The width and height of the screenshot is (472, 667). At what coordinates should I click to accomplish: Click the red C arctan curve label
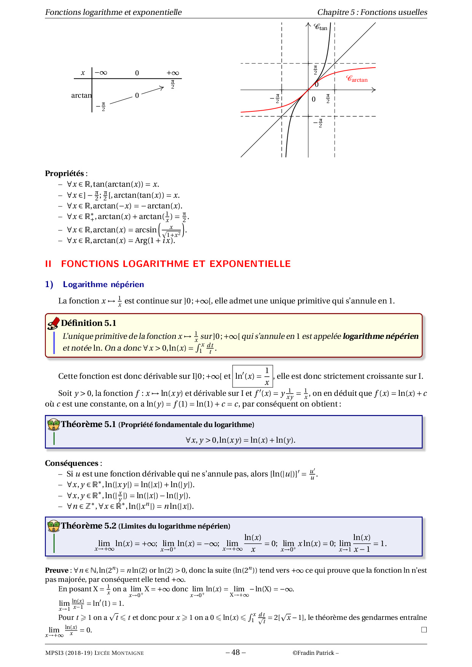tap(357, 79)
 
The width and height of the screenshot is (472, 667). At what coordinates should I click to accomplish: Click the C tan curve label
tap(321, 27)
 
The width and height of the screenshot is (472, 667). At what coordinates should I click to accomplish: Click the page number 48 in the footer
tap(236, 652)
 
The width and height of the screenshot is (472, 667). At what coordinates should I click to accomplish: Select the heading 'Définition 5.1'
tap(88, 323)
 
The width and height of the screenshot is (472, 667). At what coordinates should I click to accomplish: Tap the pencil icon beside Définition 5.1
tap(53, 323)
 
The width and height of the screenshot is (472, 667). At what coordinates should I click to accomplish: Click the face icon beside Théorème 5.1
tap(54, 424)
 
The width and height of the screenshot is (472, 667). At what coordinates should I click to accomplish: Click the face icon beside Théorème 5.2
tap(54, 526)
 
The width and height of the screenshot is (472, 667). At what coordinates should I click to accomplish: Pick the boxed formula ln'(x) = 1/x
tap(252, 376)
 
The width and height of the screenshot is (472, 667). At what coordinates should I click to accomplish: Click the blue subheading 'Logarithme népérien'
tap(103, 284)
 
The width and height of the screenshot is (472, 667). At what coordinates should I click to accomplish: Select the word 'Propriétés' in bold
tap(64, 173)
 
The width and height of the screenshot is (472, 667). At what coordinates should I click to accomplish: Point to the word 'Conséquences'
tap(72, 463)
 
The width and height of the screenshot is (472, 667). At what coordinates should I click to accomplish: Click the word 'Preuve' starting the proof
tap(56, 570)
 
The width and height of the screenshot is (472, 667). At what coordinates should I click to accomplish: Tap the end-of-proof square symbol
tap(424, 630)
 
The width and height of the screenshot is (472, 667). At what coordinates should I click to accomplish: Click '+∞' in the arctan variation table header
tap(172, 73)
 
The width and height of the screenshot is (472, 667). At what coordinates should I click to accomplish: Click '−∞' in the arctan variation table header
tap(101, 73)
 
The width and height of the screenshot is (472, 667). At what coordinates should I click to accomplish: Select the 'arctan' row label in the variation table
tap(81, 95)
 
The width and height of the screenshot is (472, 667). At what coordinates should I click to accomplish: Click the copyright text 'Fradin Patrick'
tap(316, 653)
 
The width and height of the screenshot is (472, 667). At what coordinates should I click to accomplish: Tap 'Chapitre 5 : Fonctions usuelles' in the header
tap(372, 12)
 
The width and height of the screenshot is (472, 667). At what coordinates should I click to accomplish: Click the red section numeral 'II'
tap(48, 264)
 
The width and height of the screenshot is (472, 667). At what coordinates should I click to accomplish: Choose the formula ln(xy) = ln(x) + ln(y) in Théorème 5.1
tap(240, 440)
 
